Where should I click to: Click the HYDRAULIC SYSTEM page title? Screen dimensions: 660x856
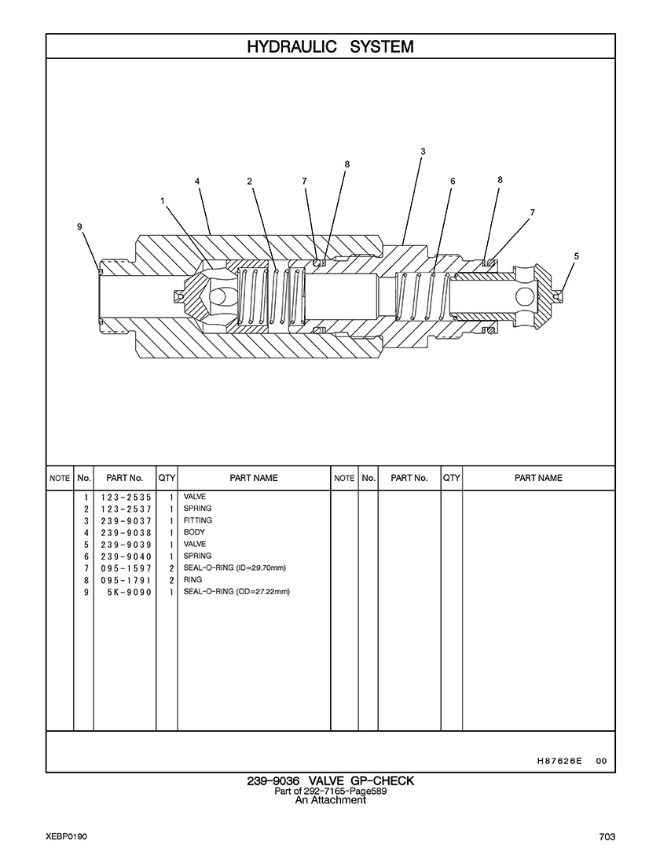coord(330,47)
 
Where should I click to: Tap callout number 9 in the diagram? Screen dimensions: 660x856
coord(79,226)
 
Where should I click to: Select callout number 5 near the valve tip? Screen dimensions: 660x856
coord(577,255)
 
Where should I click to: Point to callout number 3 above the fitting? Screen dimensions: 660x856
coord(423,151)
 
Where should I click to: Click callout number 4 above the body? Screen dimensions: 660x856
coord(197,182)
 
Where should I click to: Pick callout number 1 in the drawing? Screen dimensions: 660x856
coord(162,201)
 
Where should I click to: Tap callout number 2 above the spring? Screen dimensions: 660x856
coord(250,182)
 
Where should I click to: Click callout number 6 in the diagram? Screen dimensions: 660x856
coord(453,182)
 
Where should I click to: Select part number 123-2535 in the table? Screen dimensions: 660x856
coord(126,498)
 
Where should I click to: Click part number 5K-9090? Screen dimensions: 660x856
coord(130,593)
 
